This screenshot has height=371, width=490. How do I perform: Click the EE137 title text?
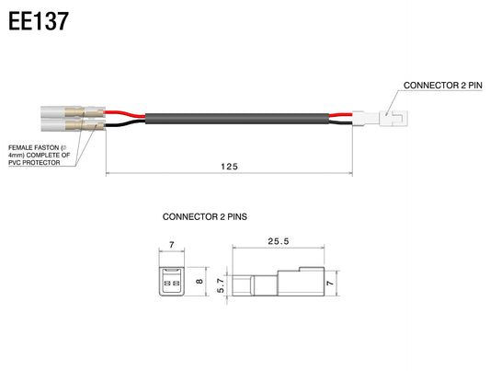(x=38, y=21)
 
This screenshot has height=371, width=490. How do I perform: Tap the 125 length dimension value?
(x=230, y=167)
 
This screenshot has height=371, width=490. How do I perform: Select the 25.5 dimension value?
(x=279, y=241)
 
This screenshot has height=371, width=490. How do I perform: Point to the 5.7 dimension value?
(x=221, y=285)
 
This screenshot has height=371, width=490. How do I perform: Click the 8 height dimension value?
(x=199, y=281)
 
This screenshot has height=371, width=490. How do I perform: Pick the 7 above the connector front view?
(x=172, y=245)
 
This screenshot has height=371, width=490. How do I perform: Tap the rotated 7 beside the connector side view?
(x=330, y=284)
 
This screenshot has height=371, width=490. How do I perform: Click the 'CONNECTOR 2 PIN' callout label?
(x=443, y=85)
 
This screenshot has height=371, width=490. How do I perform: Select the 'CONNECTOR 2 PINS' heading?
(x=205, y=216)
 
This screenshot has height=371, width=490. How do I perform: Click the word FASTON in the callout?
(x=47, y=147)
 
